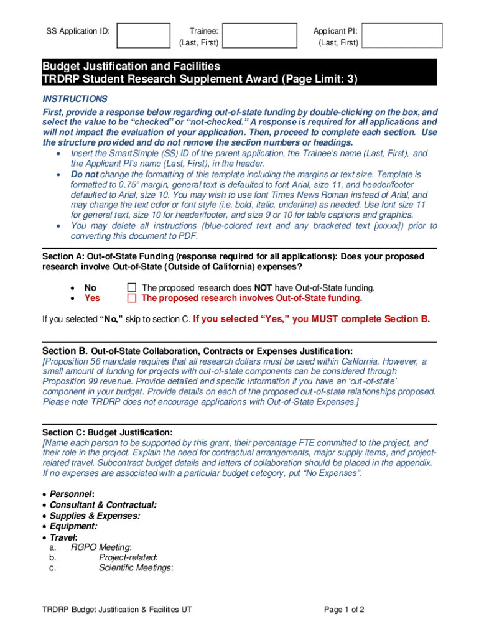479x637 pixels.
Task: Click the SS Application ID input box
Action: point(144,36)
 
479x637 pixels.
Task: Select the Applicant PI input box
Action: point(402,36)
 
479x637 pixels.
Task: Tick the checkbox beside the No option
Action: point(131,287)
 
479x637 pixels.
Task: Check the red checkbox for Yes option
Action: point(131,298)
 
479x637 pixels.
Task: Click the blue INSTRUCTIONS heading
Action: point(75,99)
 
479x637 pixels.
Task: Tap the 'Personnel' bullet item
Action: point(72,494)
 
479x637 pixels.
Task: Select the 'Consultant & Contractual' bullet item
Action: point(103,504)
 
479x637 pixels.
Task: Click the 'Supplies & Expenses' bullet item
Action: point(95,516)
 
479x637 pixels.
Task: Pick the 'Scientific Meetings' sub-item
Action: point(136,568)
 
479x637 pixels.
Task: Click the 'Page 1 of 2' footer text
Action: point(344,610)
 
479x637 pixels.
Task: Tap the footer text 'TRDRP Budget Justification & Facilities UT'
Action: point(117,610)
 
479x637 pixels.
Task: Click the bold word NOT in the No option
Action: point(263,287)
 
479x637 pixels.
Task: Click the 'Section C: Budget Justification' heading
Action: point(108,432)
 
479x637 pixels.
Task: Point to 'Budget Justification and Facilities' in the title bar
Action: point(131,66)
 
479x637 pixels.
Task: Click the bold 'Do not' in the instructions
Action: point(84,175)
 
